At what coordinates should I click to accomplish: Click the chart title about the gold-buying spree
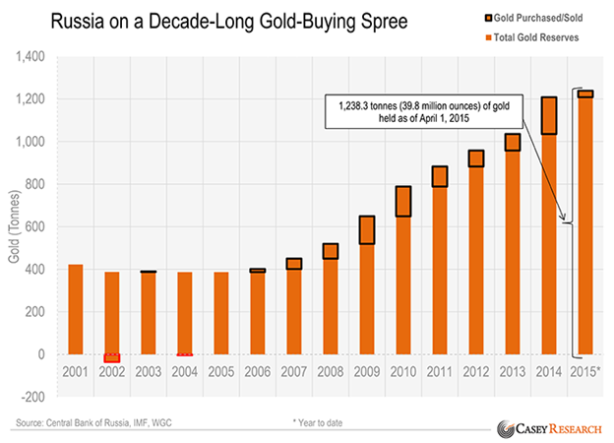(198, 21)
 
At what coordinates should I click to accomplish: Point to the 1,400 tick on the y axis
(38, 57)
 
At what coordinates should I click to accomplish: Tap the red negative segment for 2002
(112, 358)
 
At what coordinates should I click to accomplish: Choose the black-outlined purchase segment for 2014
(549, 115)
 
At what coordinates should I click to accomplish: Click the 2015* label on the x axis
(585, 373)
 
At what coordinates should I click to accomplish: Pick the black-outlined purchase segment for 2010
(403, 201)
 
